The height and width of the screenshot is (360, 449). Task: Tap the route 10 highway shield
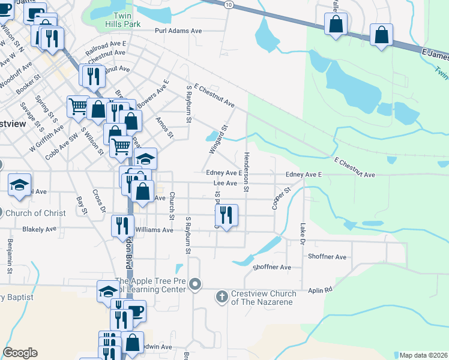pos(229,4)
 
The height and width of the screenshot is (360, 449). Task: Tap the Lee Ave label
pos(226,183)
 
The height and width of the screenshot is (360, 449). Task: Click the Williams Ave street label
pos(154,230)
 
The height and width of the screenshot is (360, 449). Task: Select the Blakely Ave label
pos(39,229)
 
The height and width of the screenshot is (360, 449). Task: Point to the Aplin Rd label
pos(320,290)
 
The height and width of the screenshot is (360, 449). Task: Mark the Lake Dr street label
pos(303,235)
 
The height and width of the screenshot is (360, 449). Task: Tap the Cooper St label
pos(281,197)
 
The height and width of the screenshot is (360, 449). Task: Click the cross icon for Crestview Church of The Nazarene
pos(222,296)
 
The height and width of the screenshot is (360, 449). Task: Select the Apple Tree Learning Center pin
pos(194,284)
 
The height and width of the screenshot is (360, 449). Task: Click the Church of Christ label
pos(34,213)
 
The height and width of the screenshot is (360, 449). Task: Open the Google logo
pos(20,353)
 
